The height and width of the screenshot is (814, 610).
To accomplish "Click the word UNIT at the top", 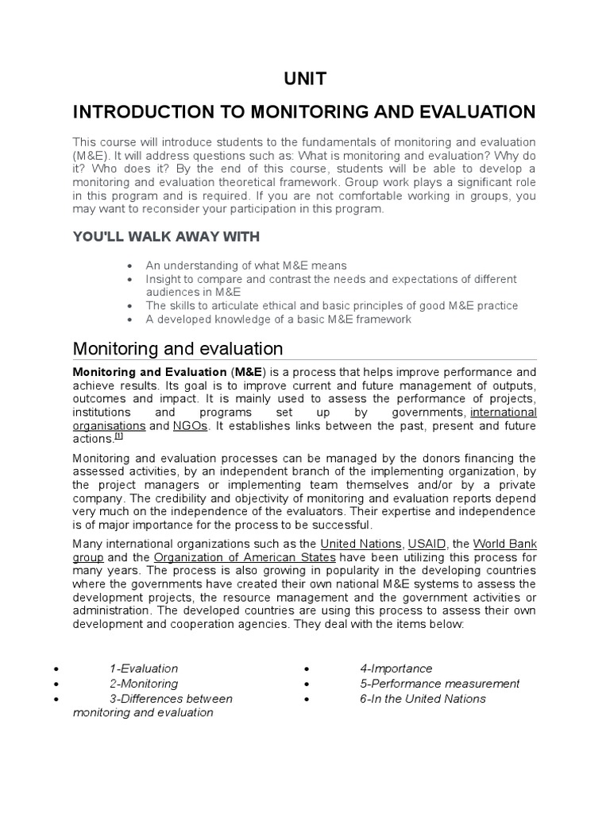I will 305,78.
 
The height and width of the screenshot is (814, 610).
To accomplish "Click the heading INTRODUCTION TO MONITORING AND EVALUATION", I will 304,111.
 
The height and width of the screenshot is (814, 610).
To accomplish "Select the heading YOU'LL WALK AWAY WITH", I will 166,236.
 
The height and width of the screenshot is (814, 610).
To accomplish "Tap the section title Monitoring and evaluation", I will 178,348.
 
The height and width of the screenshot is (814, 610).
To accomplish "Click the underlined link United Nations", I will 361,544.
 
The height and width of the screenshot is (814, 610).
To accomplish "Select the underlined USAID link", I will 427,544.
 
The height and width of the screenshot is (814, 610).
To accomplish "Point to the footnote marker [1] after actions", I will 118,436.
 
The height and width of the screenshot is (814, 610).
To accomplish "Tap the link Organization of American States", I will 234,556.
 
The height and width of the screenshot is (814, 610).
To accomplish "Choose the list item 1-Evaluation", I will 144,669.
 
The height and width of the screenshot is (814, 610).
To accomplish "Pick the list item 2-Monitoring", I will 144,684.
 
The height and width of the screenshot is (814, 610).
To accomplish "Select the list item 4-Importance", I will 396,669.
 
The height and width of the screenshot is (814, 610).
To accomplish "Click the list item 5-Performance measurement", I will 439,684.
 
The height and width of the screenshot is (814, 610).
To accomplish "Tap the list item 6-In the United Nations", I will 423,699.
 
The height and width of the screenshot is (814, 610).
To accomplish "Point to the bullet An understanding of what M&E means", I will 246,266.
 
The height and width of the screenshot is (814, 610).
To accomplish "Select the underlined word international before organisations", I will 504,413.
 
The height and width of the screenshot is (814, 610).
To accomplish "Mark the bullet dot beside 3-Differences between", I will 56,700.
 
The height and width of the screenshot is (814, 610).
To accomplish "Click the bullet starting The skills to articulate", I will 331,305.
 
